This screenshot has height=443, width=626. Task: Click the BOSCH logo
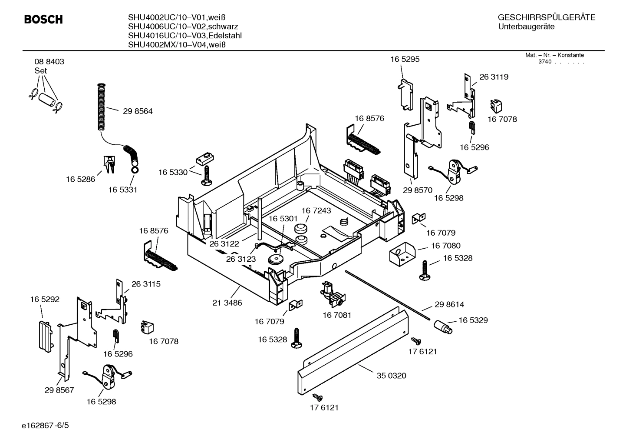pyautogui.click(x=43, y=20)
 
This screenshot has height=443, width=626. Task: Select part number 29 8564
pyautogui.click(x=138, y=111)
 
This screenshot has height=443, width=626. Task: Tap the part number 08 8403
pyautogui.click(x=49, y=62)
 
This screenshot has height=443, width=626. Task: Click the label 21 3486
pyautogui.click(x=227, y=303)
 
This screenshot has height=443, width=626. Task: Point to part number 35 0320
pyautogui.click(x=391, y=376)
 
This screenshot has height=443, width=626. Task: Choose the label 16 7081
pyautogui.click(x=336, y=315)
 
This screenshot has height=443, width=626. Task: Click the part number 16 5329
pyautogui.click(x=473, y=320)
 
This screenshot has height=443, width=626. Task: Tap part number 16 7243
pyautogui.click(x=316, y=210)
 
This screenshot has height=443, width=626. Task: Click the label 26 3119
pyautogui.click(x=494, y=77)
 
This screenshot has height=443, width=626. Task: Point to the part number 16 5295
pyautogui.click(x=405, y=59)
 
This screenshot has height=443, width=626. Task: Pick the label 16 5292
pyautogui.click(x=45, y=299)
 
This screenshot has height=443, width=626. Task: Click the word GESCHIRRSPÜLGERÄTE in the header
pyautogui.click(x=546, y=18)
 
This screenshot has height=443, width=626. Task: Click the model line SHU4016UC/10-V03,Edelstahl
pyautogui.click(x=185, y=36)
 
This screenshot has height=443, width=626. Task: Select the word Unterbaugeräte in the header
pyautogui.click(x=526, y=27)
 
